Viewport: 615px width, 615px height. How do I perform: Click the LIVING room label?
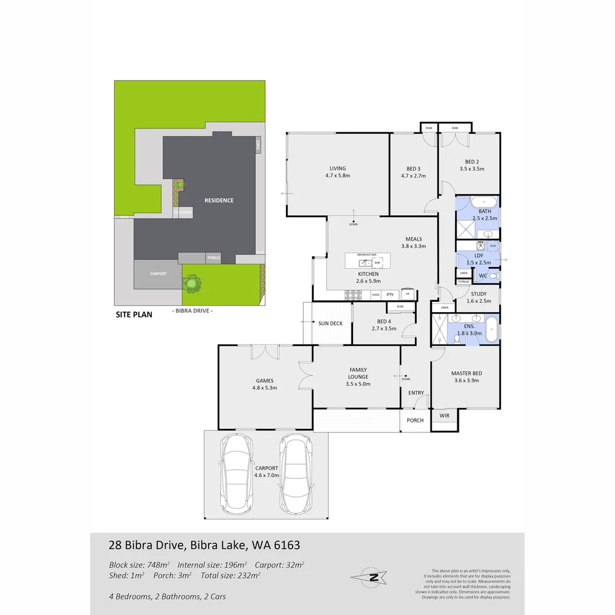(338, 169)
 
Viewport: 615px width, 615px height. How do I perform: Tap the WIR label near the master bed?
(445, 416)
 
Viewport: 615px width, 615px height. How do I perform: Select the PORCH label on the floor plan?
(415, 420)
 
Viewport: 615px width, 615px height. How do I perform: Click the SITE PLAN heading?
(134, 314)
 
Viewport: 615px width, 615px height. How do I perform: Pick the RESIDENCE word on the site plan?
(219, 200)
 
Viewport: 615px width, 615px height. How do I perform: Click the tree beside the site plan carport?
(192, 282)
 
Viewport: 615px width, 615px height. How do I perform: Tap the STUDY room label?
(478, 294)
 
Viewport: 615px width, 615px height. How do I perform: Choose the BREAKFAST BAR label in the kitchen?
(368, 255)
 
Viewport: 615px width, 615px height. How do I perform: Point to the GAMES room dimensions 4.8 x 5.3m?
(265, 388)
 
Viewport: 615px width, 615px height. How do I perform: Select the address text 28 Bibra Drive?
(146, 546)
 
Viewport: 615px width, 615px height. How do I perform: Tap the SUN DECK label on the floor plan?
(330, 323)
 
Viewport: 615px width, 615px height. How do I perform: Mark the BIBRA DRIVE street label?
(192, 311)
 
